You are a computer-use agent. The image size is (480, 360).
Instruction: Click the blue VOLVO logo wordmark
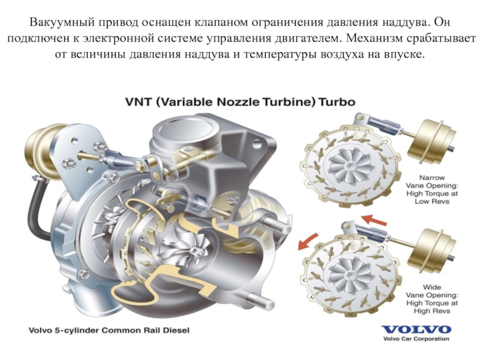(416, 329)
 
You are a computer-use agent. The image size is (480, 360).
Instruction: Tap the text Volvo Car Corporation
(416, 338)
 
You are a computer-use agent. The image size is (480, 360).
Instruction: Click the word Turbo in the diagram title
(337, 102)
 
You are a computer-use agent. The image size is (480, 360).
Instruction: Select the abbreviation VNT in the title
(139, 102)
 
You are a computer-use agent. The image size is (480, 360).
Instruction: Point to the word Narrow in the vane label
(431, 178)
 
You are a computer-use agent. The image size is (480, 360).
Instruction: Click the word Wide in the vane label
(432, 287)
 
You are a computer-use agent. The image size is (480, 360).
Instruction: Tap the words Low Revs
(432, 202)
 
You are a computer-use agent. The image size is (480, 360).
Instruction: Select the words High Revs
(432, 311)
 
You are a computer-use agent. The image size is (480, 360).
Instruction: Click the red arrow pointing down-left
(308, 241)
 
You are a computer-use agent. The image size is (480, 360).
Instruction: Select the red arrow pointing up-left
(374, 220)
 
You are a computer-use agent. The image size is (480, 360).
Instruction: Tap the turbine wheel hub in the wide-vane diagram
(350, 274)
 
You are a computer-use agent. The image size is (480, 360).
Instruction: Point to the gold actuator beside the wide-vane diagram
(432, 251)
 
